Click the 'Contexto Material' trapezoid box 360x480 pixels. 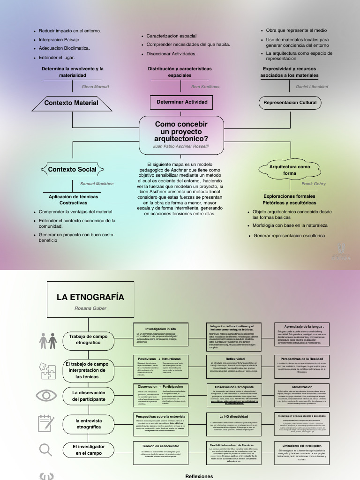coord(71,103)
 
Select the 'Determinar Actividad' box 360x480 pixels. coord(182,102)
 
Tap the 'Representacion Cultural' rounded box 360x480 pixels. coord(290,103)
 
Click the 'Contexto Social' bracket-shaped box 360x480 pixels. coord(72,170)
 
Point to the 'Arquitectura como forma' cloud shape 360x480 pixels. coord(290,170)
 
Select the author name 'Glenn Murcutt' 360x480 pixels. coord(95,87)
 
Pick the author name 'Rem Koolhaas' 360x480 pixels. coord(205,87)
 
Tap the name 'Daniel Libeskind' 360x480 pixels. coord(312,87)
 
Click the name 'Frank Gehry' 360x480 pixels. coord(314,184)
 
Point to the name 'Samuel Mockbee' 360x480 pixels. coord(97,184)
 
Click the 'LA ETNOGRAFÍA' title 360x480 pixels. coord(90,297)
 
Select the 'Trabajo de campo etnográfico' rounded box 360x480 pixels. coord(88,339)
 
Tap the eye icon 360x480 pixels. coord(46,395)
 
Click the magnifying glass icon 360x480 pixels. coord(45,450)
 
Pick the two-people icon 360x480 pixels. coord(48,340)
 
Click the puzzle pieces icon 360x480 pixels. coord(48,367)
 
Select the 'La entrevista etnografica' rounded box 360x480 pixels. coord(88,424)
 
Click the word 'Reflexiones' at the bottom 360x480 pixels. coord(199,476)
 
